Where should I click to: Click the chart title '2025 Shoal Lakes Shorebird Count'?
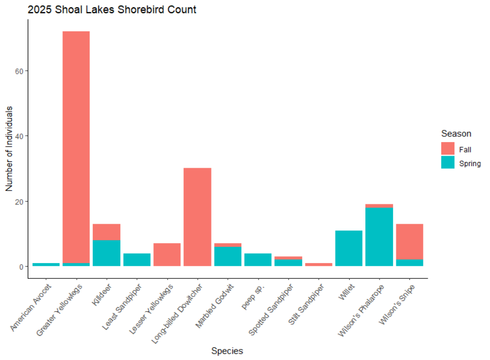(x=112, y=9)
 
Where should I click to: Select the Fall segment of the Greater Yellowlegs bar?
(x=76, y=147)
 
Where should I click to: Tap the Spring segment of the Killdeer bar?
(x=106, y=253)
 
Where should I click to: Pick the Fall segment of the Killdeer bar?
(x=106, y=232)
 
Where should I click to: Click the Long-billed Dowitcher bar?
(x=197, y=217)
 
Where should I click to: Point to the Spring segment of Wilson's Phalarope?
(x=379, y=237)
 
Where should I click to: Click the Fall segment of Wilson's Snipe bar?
(x=409, y=242)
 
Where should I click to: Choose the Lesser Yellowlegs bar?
(x=167, y=255)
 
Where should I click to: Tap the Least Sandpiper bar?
(x=137, y=260)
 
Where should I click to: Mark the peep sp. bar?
(x=258, y=260)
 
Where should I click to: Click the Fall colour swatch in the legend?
(x=448, y=149)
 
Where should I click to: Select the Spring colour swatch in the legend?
(x=448, y=163)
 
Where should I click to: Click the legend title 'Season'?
(x=455, y=134)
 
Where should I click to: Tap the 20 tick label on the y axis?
(x=18, y=201)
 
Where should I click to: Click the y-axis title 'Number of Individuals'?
(x=9, y=149)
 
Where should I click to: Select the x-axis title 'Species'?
(x=227, y=351)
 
